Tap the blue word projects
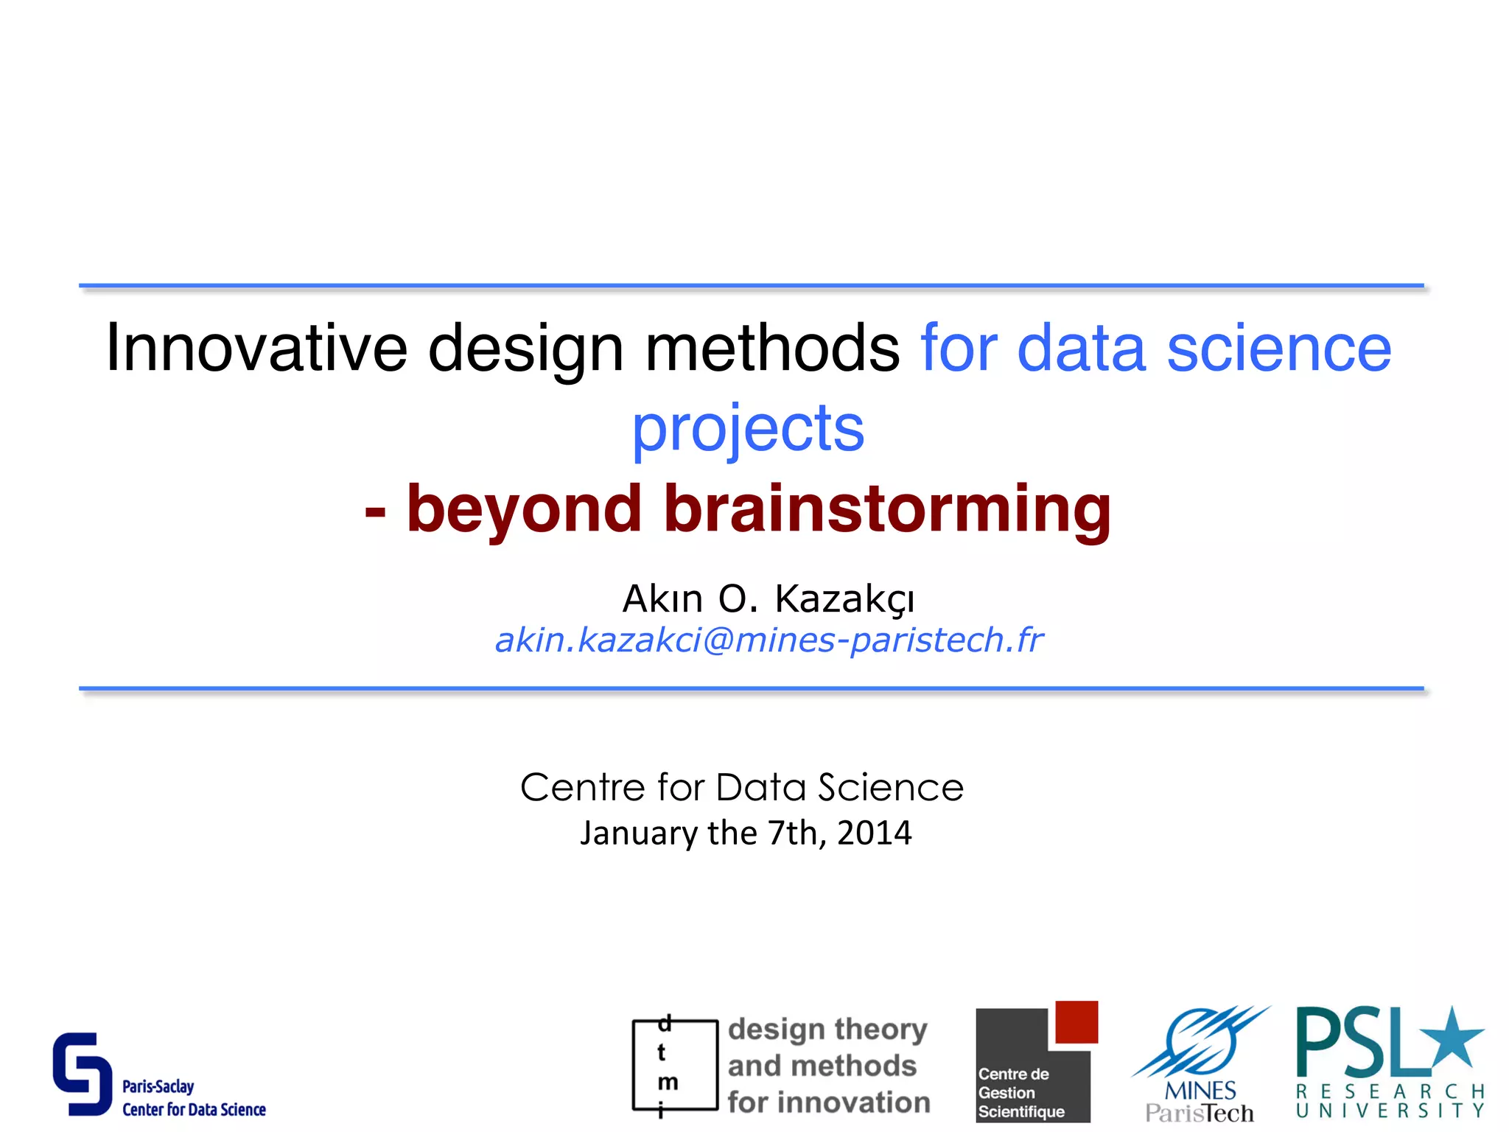point(748,429)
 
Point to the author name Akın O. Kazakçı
point(768,598)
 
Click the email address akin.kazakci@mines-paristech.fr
point(768,640)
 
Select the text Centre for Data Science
point(742,787)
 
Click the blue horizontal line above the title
point(752,285)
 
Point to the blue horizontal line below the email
point(752,688)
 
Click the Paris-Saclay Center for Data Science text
point(193,1099)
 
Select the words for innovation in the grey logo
point(829,1103)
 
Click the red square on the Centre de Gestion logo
point(1076,1021)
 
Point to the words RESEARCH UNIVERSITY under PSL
point(1390,1101)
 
